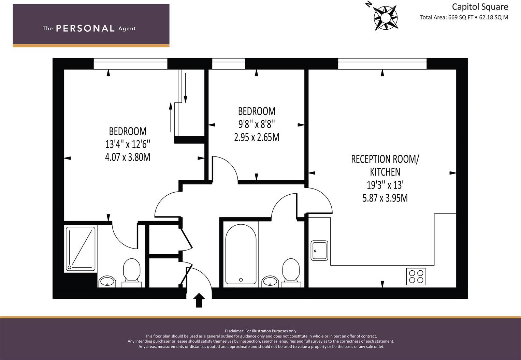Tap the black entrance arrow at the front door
point(199,300)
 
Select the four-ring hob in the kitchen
point(416,276)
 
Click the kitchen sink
point(319,251)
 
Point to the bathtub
point(241,254)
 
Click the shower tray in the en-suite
point(81,249)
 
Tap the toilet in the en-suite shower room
point(132,272)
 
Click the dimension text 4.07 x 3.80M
point(128,157)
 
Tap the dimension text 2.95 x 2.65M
point(257,137)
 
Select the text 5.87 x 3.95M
point(385,198)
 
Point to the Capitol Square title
point(480,7)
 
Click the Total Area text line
point(464,17)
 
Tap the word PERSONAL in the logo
point(85,29)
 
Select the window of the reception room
point(382,64)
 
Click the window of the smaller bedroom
point(228,64)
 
